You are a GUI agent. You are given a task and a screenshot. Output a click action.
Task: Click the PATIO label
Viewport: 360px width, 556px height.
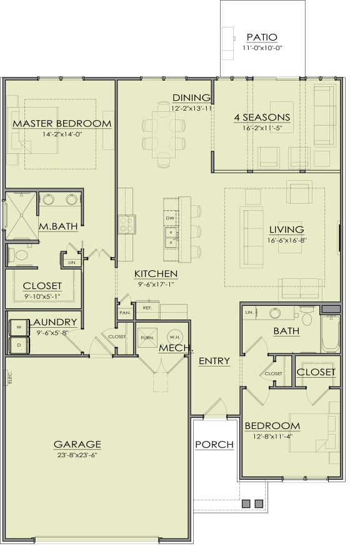click(x=262, y=38)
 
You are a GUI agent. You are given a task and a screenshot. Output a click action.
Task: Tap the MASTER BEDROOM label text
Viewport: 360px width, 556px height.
click(x=62, y=123)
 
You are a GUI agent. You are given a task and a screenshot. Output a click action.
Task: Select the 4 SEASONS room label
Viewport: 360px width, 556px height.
click(x=262, y=117)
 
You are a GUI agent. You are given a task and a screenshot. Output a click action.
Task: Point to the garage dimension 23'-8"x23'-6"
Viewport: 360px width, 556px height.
click(x=77, y=455)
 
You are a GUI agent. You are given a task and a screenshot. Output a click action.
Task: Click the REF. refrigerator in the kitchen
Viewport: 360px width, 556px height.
click(x=148, y=308)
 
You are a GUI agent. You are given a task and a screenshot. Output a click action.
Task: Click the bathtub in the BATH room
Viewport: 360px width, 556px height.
click(x=330, y=335)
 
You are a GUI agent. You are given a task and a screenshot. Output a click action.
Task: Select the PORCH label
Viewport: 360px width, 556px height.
click(x=214, y=445)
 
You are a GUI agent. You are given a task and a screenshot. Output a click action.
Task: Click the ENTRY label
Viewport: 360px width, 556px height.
click(x=214, y=361)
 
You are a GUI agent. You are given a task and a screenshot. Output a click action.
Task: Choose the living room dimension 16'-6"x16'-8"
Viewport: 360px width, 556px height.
click(x=286, y=240)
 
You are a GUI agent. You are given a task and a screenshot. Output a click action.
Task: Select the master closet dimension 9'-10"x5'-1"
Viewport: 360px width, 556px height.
click(x=42, y=296)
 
